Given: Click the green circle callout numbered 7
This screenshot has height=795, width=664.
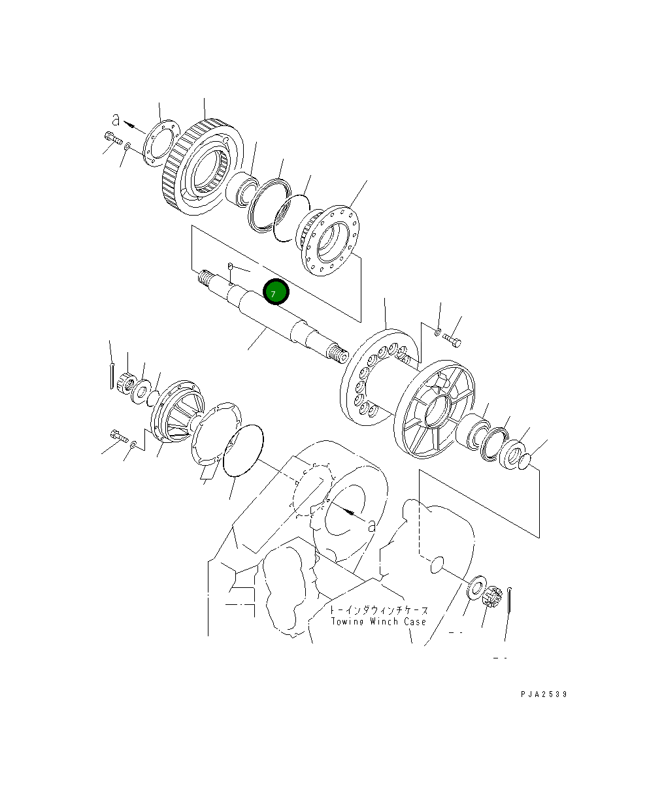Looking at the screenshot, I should [x=275, y=293].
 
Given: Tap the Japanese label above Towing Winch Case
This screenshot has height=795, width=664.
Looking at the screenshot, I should [x=379, y=609].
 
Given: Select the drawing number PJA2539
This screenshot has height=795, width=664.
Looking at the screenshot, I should [x=544, y=694].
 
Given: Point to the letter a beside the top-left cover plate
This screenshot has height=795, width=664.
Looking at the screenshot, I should [x=116, y=120].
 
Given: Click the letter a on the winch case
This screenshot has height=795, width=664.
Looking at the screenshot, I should [x=372, y=524].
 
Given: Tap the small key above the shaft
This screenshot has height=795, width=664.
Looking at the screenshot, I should [x=231, y=266].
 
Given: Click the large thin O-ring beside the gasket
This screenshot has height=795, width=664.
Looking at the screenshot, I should [x=243, y=450].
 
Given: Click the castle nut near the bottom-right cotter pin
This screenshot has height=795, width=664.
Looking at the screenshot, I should [x=491, y=597].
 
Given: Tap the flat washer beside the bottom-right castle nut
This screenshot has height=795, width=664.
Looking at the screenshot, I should [x=476, y=586].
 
